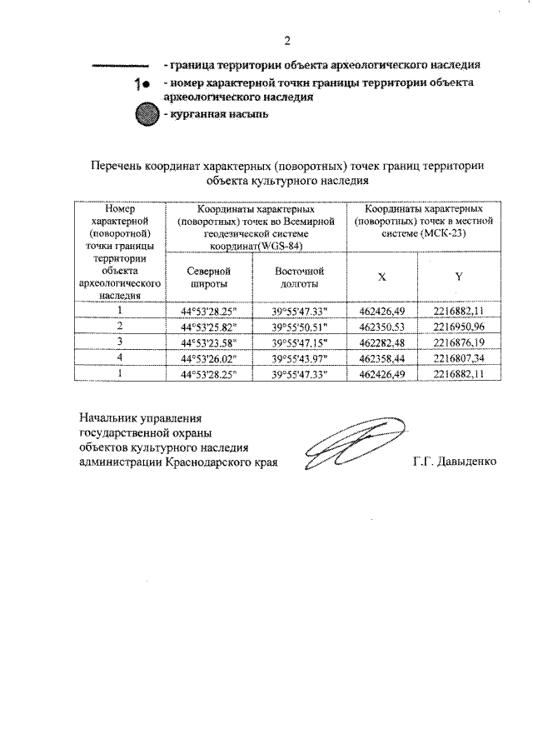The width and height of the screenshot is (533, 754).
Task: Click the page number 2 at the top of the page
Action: coord(288,41)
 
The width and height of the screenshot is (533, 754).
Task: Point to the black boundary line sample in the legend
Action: coord(119,65)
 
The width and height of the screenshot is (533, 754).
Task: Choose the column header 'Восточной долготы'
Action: coord(299,277)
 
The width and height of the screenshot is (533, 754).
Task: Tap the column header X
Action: coord(381,276)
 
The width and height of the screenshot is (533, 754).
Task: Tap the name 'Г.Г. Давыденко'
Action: coord(454,461)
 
